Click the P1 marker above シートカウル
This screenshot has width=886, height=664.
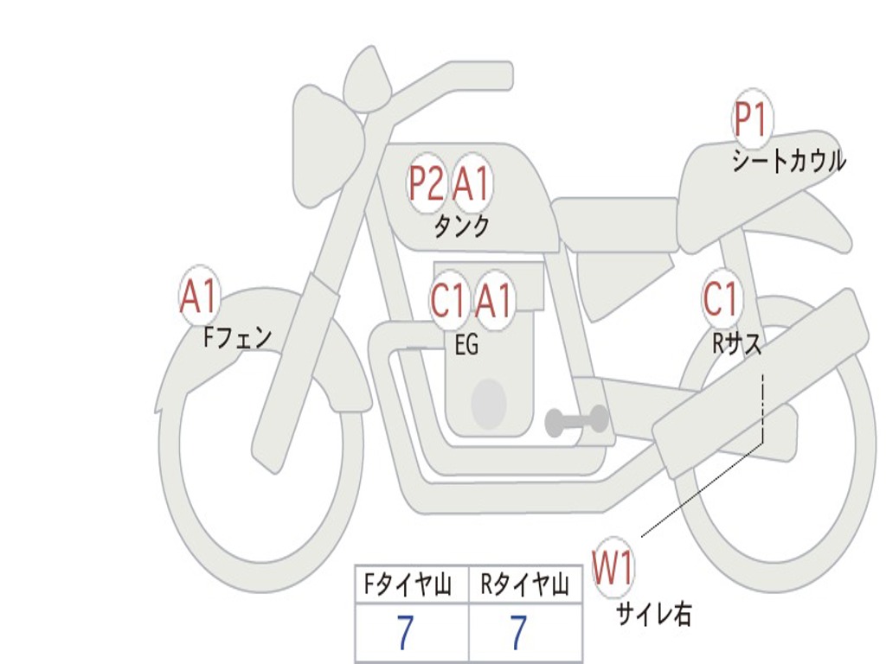pos(752,121)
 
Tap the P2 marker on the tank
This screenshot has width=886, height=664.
pos(427,183)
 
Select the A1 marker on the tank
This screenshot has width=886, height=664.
pos(472,183)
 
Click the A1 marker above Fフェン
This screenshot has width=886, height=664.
pos(200,297)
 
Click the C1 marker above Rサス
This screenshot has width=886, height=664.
pos(722,299)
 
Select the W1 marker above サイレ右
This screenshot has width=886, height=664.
pos(613,569)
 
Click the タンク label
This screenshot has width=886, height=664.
pos(461,227)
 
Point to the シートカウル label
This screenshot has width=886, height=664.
pos(788,161)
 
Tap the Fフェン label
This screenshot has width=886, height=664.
pos(237,336)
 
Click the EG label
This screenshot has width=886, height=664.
pos(466,345)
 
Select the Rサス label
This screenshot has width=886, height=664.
pos(737,344)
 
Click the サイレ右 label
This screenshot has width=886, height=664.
pos(654,614)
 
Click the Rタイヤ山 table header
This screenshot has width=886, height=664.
pos(524,586)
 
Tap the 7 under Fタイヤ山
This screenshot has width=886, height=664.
pos(404,634)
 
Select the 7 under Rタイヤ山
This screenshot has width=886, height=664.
pos(518,634)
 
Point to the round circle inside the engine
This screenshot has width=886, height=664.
pos(489,404)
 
